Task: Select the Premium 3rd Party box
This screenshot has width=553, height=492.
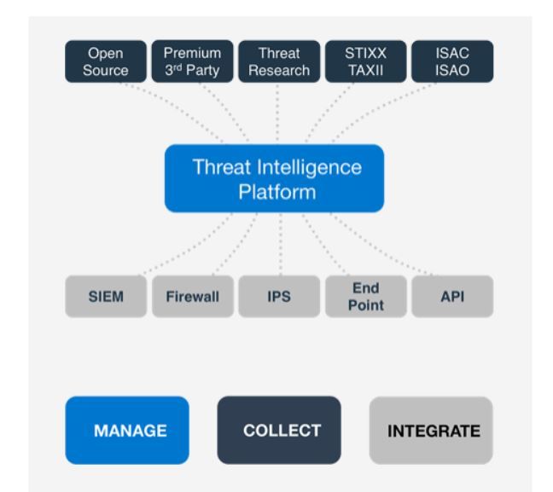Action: point(192,62)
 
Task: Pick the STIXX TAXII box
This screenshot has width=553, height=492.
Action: point(365,62)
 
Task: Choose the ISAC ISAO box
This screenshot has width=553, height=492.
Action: point(451,62)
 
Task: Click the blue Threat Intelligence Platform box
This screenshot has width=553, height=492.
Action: point(274,178)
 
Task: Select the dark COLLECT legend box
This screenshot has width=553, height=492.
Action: point(278,430)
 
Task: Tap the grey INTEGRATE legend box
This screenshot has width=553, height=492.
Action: point(430,430)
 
